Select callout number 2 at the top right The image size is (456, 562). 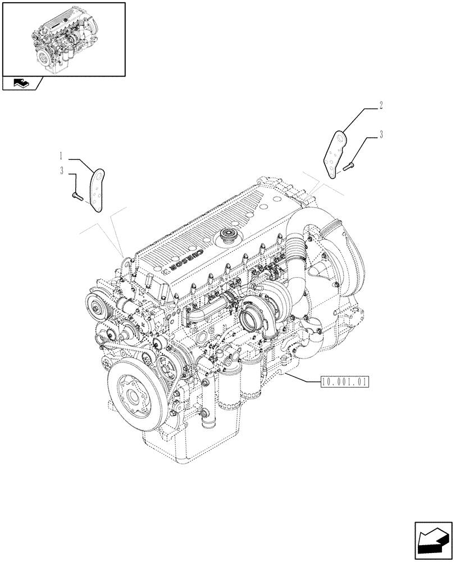pyautogui.click(x=381, y=105)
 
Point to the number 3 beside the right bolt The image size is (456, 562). pyautogui.click(x=381, y=134)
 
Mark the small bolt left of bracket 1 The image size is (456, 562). pyautogui.click(x=76, y=196)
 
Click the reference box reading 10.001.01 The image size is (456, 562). pyautogui.click(x=344, y=382)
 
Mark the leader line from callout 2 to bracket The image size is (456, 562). pyautogui.click(x=359, y=120)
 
